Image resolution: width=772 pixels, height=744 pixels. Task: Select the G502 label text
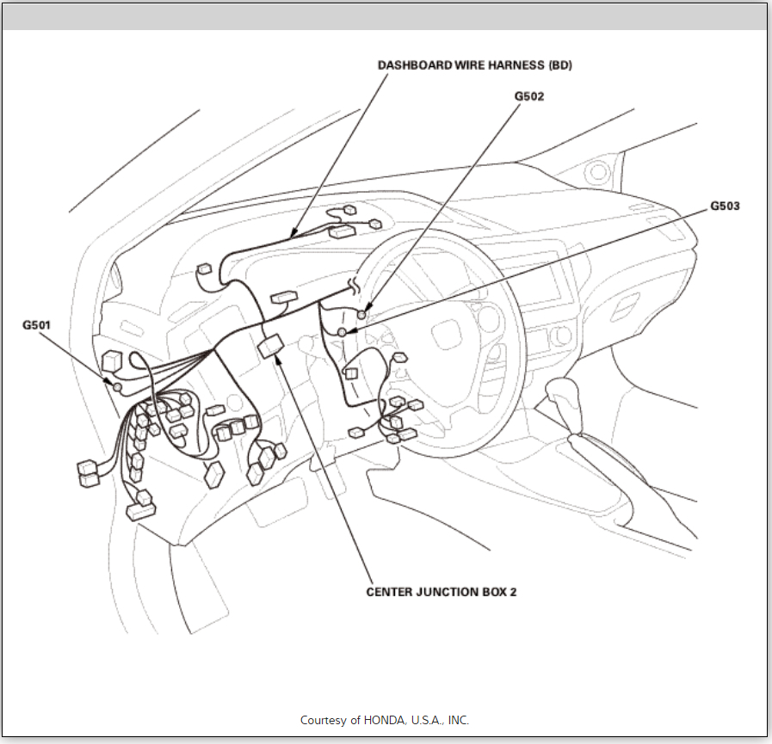[x=529, y=96]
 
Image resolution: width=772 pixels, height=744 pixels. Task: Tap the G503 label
[x=725, y=206]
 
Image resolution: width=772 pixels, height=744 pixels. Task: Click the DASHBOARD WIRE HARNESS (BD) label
[x=475, y=65]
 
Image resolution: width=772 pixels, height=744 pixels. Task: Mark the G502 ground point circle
[x=362, y=315]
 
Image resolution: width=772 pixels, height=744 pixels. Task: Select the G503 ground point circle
[x=343, y=332]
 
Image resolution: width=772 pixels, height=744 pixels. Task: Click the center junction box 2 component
[x=269, y=345]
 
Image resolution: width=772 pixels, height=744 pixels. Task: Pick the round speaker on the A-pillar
[x=597, y=173]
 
